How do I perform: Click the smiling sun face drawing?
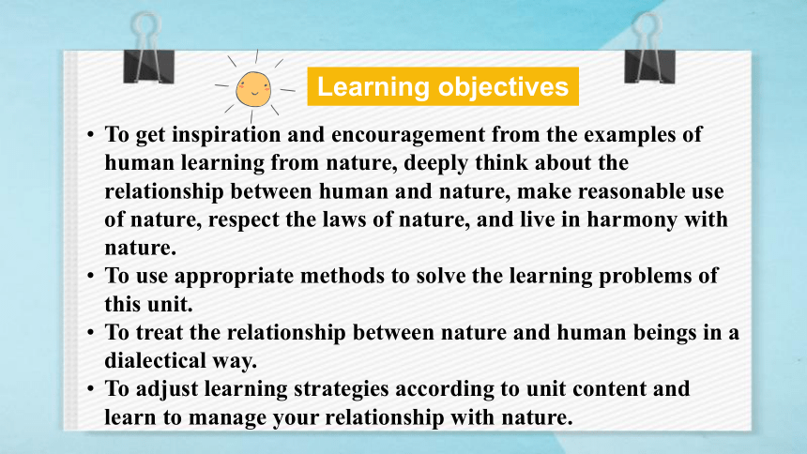(x=253, y=89)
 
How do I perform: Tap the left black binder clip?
(x=149, y=51)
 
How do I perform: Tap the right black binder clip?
(x=649, y=51)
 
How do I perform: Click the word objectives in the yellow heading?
(x=503, y=86)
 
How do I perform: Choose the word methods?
(x=343, y=276)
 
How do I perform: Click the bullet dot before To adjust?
(x=91, y=388)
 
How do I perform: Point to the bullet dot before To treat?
(x=91, y=332)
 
